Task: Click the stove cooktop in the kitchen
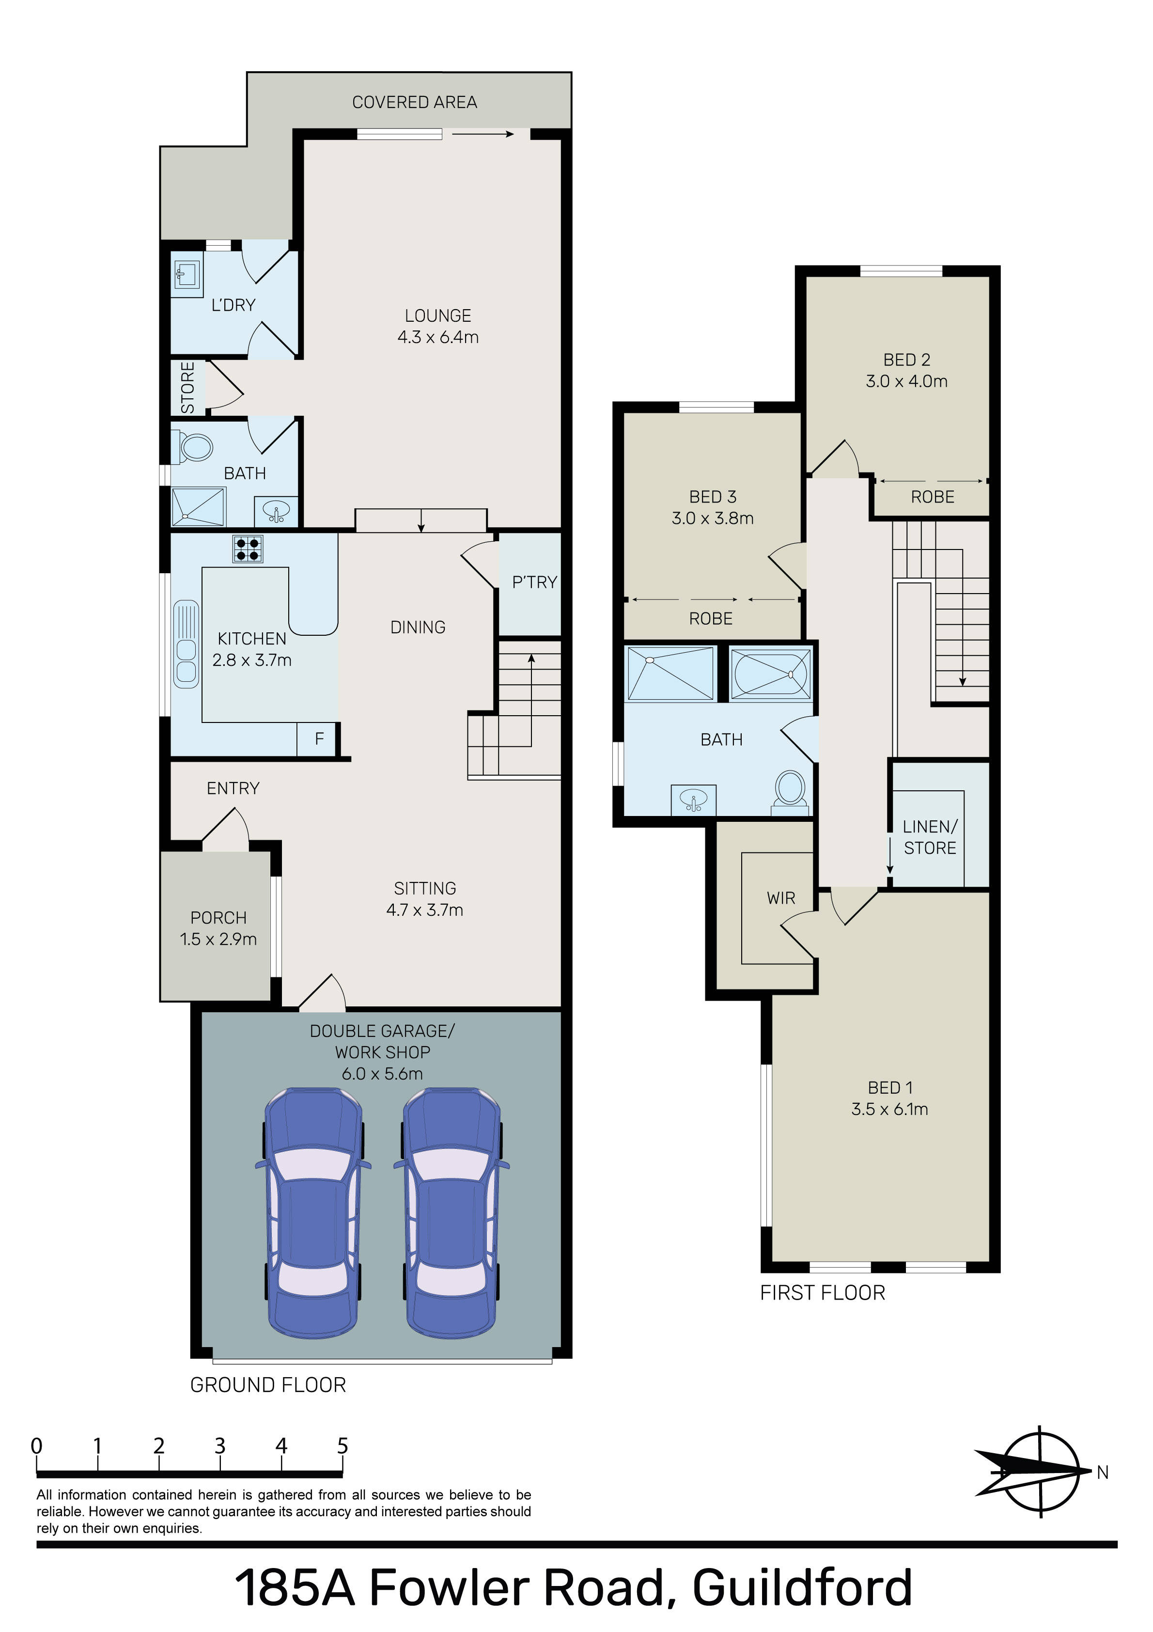tap(248, 549)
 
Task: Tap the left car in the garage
tap(313, 1213)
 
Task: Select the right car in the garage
tap(452, 1213)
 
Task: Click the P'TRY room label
tap(534, 582)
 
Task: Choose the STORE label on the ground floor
tap(187, 387)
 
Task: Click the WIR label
tap(780, 898)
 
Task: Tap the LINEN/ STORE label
tap(930, 837)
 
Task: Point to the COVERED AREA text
tap(414, 102)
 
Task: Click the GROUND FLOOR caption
tap(268, 1385)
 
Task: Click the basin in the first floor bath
tap(694, 800)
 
